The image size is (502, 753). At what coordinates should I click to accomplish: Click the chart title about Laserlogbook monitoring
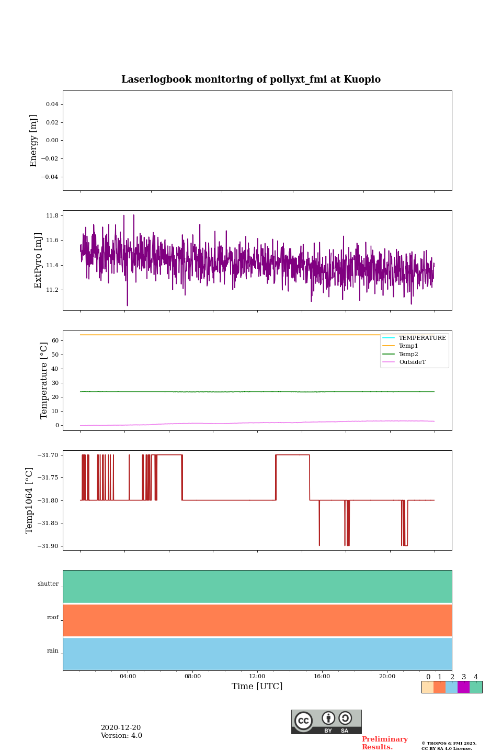251,79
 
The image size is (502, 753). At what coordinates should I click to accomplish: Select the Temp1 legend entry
408,346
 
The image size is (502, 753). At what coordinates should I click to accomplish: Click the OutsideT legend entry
412,362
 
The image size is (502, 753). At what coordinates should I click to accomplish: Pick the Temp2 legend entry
408,355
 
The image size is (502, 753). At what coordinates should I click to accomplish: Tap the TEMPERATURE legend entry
421,338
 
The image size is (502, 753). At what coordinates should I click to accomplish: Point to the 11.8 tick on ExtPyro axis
52,215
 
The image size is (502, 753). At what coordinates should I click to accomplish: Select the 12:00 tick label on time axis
257,677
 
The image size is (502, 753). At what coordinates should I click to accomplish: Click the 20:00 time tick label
387,677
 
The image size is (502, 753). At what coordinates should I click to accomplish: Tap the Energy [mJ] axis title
34,141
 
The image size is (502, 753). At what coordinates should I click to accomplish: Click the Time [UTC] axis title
257,687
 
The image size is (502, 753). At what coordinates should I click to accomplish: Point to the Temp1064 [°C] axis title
30,500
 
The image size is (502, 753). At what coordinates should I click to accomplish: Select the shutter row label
48,584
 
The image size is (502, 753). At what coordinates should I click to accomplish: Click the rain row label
53,651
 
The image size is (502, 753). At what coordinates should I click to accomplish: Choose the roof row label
53,618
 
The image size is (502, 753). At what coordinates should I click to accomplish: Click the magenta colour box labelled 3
463,687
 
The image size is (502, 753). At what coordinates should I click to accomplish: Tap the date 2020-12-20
121,728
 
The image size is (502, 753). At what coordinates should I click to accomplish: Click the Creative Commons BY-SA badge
326,722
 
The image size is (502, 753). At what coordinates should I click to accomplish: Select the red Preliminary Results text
384,743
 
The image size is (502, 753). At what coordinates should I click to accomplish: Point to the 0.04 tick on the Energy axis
52,105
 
